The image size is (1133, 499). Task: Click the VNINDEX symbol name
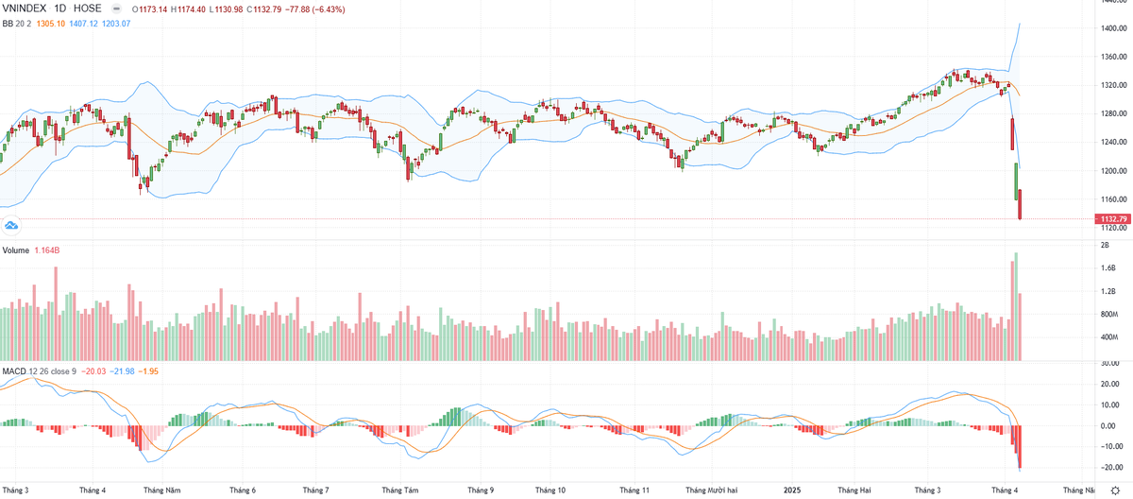[x=25, y=9]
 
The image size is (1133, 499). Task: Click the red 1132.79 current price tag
[x=1110, y=219]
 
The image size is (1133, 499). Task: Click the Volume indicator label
[x=16, y=251]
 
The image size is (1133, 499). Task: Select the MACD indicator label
[x=14, y=370]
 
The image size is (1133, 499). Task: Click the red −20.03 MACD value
[x=95, y=370]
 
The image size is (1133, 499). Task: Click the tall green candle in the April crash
[x=1016, y=181]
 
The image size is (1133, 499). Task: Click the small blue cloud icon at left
[x=11, y=225]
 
